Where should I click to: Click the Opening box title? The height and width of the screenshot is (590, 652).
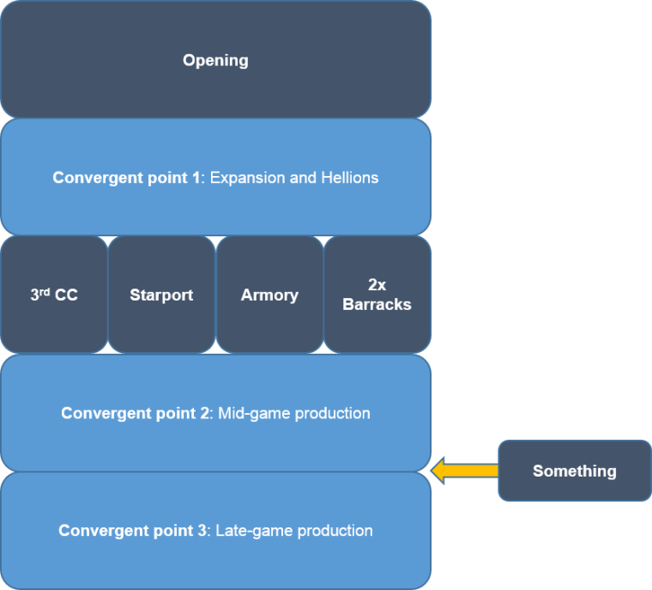click(215, 60)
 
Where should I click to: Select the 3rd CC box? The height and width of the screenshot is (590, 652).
click(54, 295)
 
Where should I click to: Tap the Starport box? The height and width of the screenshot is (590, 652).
click(161, 295)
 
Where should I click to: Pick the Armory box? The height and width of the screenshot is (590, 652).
click(269, 295)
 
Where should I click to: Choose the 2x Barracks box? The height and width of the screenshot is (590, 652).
click(377, 295)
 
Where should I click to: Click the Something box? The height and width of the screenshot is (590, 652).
click(574, 471)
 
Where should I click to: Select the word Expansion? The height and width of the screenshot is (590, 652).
click(244, 178)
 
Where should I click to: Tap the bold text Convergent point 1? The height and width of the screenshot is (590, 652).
click(127, 178)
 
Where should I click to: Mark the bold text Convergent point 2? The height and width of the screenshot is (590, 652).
click(135, 413)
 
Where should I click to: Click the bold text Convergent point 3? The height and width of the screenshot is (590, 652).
click(133, 531)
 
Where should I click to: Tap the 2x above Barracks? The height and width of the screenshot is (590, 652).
click(377, 285)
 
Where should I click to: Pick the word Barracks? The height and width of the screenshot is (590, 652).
click(377, 304)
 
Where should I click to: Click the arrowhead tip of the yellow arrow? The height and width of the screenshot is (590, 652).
click(433, 471)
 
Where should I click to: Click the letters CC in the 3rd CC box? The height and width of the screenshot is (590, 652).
click(65, 295)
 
